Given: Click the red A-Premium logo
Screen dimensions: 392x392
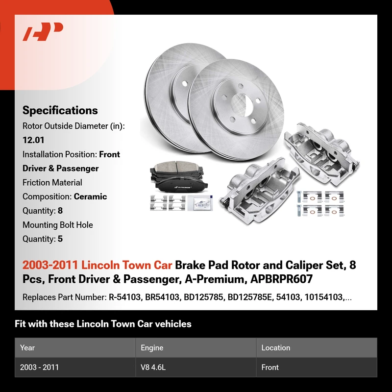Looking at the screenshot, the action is click(x=43, y=31).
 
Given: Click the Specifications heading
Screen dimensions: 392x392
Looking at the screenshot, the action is click(x=60, y=110).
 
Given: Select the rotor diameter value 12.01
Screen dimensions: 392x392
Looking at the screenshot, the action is click(x=33, y=140).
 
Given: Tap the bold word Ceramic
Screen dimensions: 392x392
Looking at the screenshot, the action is click(x=90, y=196).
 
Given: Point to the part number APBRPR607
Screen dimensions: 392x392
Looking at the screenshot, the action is click(x=281, y=279).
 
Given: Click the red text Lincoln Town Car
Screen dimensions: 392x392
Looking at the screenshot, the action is click(x=126, y=265).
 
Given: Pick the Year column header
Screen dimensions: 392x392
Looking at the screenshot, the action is click(x=27, y=348).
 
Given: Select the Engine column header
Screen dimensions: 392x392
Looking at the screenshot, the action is click(x=152, y=348).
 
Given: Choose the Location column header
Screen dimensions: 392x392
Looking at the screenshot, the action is click(x=276, y=348).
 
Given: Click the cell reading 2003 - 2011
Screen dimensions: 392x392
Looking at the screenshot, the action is click(x=39, y=367).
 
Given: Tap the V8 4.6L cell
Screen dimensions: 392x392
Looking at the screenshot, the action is click(x=153, y=367).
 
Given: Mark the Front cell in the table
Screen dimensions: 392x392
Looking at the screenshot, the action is click(x=270, y=367).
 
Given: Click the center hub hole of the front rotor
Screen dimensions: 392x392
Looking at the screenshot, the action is click(x=242, y=104).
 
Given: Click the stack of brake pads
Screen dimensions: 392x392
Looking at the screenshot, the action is click(x=178, y=177).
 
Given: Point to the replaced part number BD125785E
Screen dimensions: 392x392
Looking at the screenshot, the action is click(x=249, y=297).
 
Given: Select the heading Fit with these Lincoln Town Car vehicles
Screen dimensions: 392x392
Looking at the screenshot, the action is click(x=103, y=324).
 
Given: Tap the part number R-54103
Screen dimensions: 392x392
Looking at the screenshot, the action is click(x=124, y=297).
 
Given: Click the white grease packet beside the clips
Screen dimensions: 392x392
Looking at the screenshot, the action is click(x=200, y=202).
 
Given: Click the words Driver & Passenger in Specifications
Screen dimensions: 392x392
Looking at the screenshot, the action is click(x=60, y=168).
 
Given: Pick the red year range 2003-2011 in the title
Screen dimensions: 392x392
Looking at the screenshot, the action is click(x=50, y=265).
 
